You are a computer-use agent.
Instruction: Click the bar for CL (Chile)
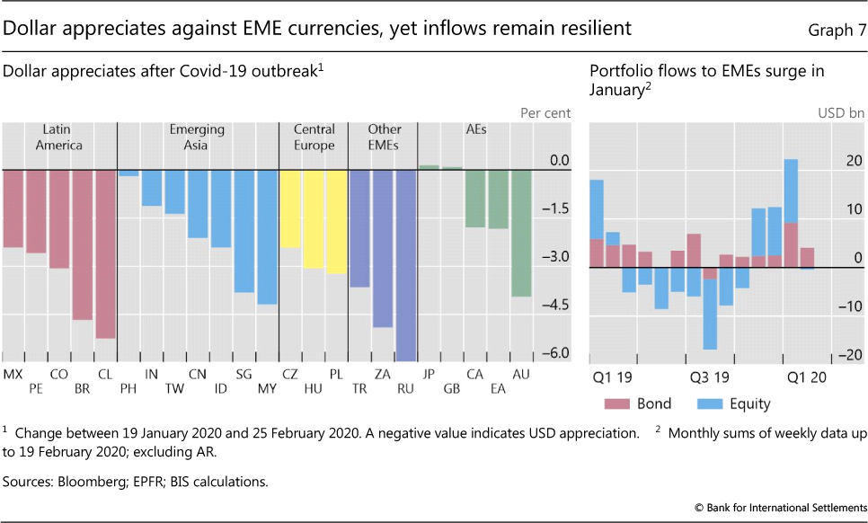point(105,253)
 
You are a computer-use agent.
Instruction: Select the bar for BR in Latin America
point(83,244)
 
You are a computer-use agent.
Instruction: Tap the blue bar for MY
point(267,236)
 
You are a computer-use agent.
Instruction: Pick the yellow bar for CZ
point(289,208)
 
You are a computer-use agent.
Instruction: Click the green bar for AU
point(521,233)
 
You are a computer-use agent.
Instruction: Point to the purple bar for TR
point(359,228)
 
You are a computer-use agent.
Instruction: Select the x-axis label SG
point(244,374)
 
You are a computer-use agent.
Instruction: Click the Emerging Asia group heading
point(197,137)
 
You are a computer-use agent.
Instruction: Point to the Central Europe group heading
point(314,137)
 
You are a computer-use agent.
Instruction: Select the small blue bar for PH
point(128,173)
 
